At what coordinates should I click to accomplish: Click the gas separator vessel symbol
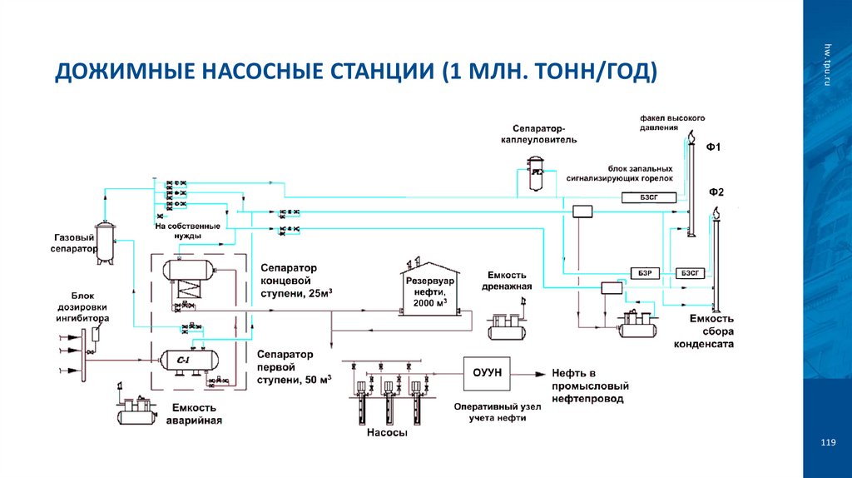pos(104,242)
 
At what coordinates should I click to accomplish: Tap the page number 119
pos(826,442)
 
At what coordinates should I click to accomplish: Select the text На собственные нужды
pos(187,231)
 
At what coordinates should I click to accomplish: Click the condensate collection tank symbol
pos(637,324)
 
